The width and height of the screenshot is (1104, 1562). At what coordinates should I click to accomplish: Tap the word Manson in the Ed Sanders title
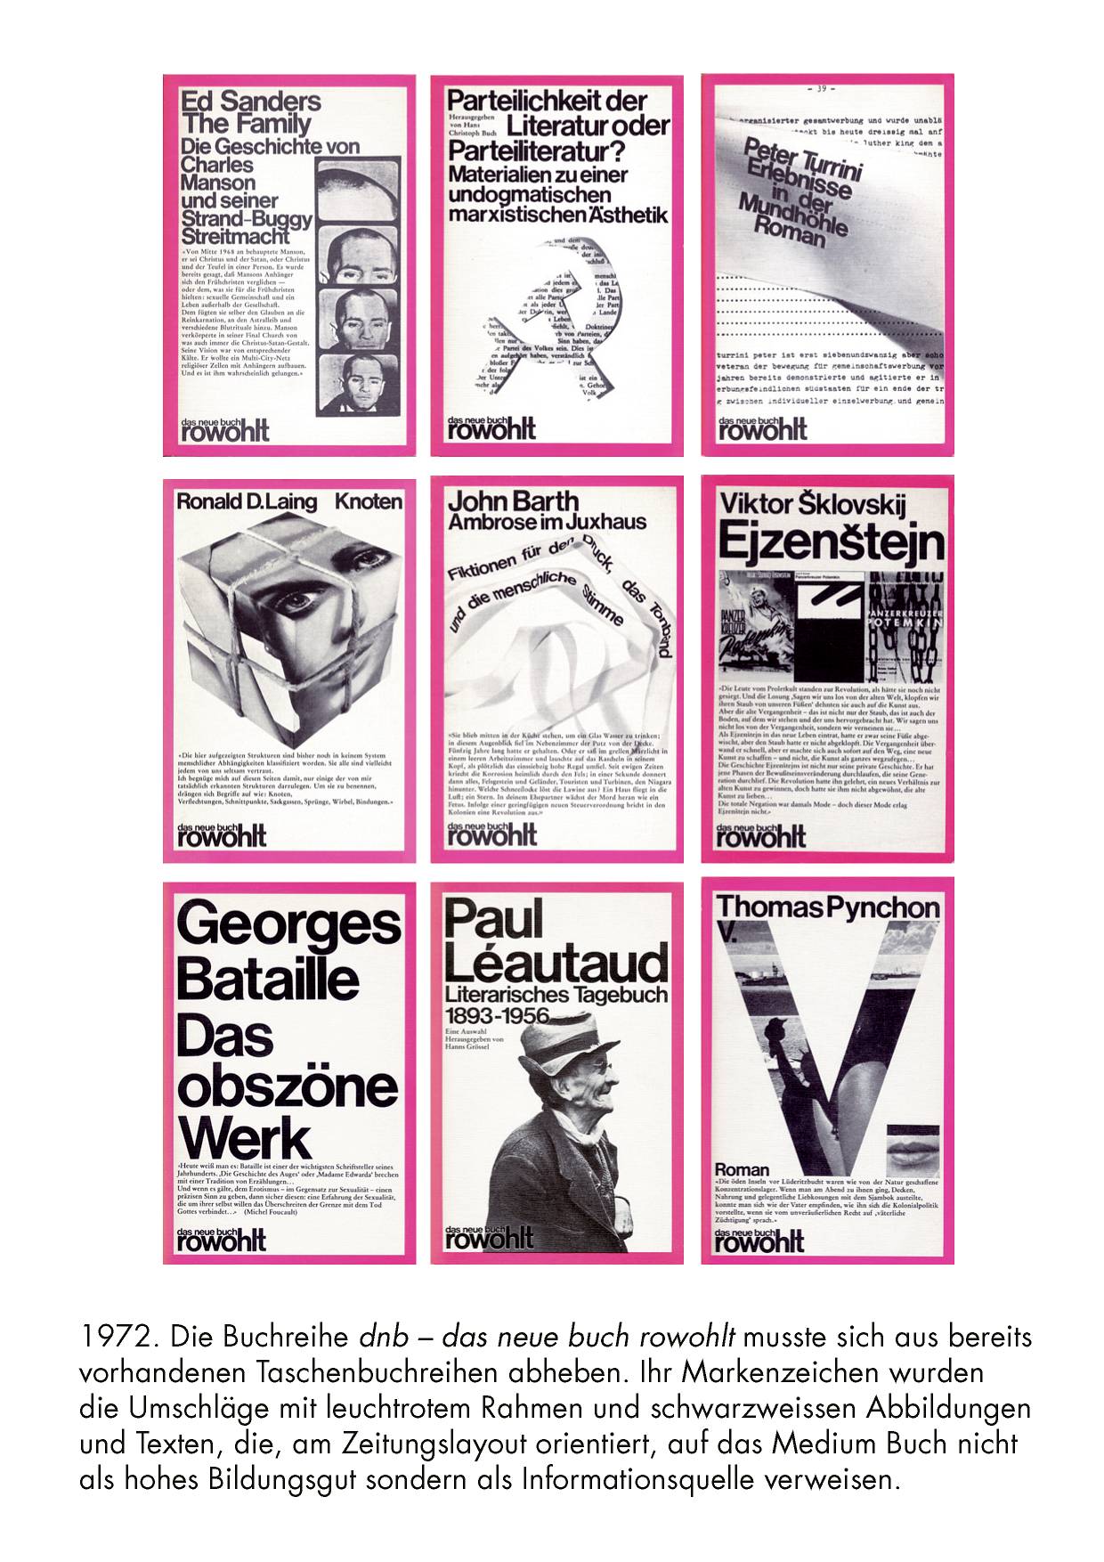pyautogui.click(x=217, y=183)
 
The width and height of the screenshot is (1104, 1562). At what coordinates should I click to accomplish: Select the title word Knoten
pyautogui.click(x=368, y=501)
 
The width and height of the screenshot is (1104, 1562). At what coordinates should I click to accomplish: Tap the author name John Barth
pyautogui.click(x=513, y=501)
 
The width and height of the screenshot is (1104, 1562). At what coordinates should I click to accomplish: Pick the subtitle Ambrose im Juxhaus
pyautogui.click(x=547, y=522)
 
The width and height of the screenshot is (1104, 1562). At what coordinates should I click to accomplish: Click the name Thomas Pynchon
pyautogui.click(x=827, y=907)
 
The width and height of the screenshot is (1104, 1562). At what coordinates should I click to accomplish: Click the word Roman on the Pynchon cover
pyautogui.click(x=742, y=1169)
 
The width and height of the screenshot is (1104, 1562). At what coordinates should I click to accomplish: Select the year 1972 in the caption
pyautogui.click(x=113, y=1337)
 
